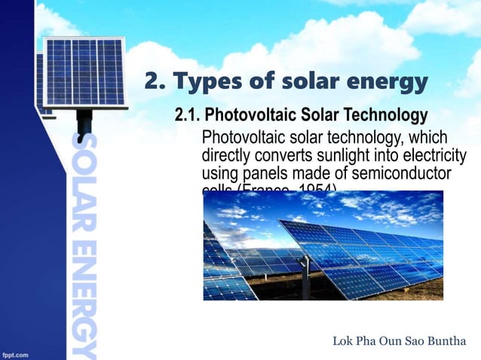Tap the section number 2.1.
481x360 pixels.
tap(188, 116)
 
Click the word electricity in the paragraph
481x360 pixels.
tap(427, 157)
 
